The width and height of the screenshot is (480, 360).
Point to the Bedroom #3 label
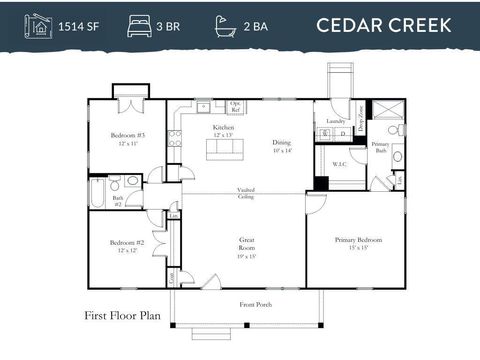click(129, 138)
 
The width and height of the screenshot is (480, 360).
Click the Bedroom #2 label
click(129, 245)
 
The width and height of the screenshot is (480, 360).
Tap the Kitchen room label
click(224, 131)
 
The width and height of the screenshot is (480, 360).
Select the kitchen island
click(224, 148)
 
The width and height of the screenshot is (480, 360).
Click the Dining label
click(282, 145)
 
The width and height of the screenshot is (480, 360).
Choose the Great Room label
click(246, 244)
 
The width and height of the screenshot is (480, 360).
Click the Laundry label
click(335, 122)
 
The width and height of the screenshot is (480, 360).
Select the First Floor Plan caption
click(124, 317)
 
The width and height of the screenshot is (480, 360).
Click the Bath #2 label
click(117, 200)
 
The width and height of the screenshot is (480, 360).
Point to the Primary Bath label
click(380, 147)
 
